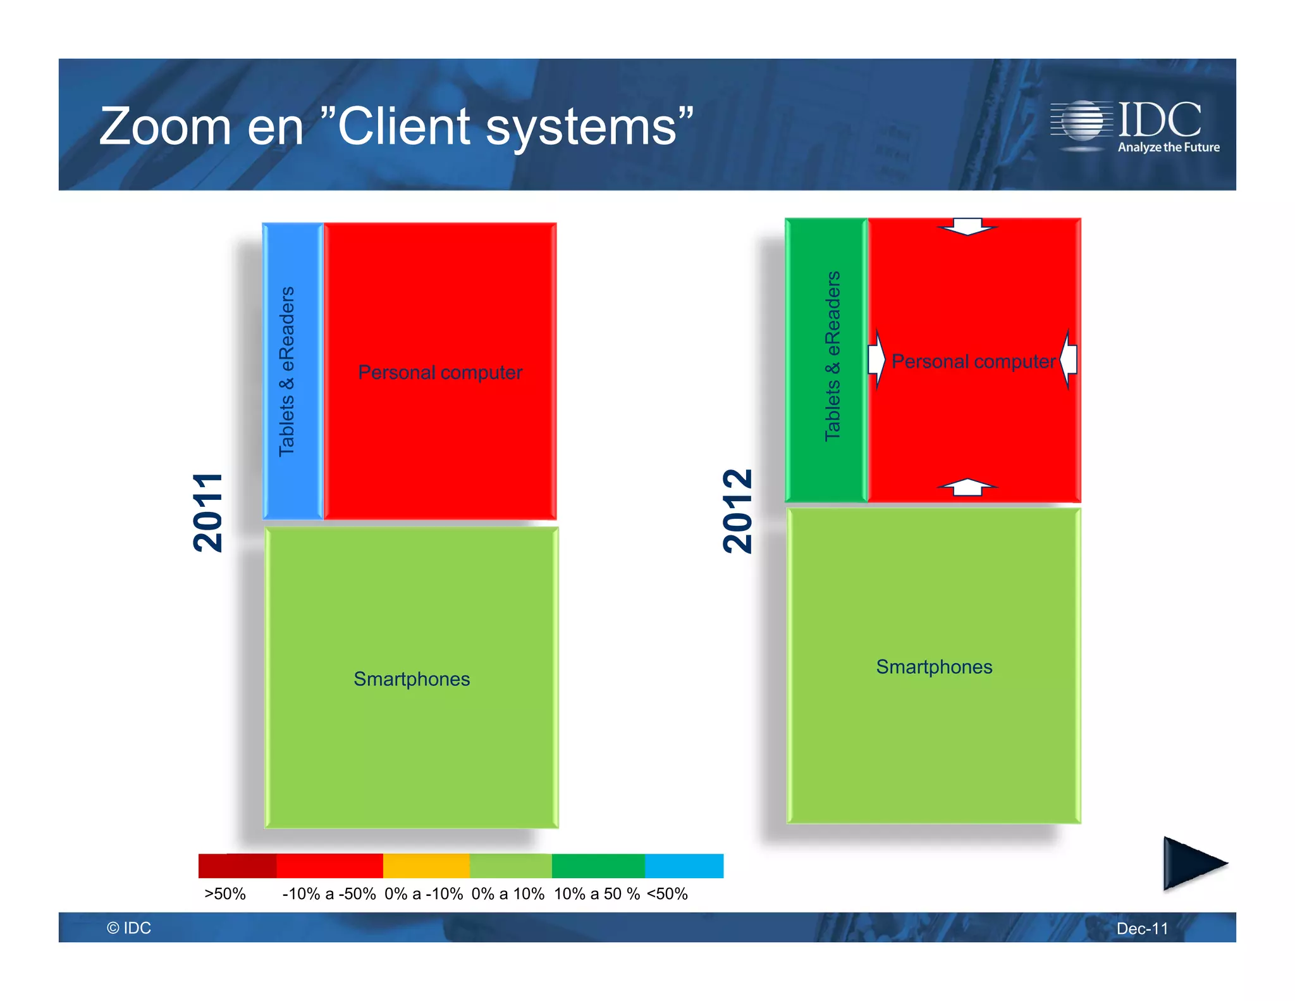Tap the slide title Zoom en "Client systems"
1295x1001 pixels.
point(396,127)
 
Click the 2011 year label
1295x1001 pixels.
point(208,513)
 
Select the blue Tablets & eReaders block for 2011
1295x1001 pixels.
point(292,371)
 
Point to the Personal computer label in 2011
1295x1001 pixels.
point(440,372)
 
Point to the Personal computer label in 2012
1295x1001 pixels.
point(973,361)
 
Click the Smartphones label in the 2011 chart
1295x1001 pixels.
point(412,679)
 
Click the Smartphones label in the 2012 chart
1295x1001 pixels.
point(934,667)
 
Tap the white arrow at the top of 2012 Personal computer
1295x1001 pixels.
point(967,226)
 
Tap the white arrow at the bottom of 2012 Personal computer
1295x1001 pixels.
point(967,487)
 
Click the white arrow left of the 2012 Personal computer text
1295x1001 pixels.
point(876,359)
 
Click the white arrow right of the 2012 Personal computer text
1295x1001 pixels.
point(1069,359)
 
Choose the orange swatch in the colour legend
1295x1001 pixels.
point(426,866)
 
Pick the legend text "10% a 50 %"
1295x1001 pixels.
point(596,894)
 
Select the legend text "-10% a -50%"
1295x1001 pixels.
point(329,894)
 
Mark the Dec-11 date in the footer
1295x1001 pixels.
point(1142,928)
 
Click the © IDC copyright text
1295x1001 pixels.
point(129,928)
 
